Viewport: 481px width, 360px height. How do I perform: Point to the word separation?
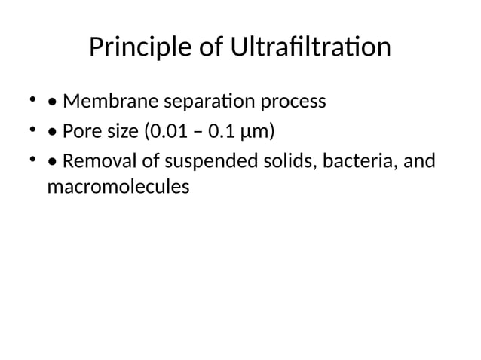(196, 101)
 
